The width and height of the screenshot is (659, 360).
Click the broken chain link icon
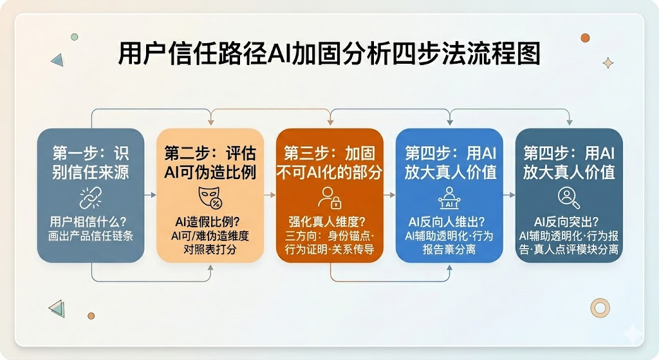click(x=90, y=198)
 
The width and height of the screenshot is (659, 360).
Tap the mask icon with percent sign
click(x=210, y=198)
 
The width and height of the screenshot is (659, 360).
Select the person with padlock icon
click(x=329, y=198)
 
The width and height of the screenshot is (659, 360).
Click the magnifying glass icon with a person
click(x=569, y=198)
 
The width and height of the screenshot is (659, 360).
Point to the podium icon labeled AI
click(x=449, y=198)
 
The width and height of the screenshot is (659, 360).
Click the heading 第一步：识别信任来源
click(x=90, y=163)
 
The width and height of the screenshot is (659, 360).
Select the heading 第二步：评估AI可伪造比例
click(x=210, y=163)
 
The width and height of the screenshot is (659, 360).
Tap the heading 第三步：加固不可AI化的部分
click(x=329, y=163)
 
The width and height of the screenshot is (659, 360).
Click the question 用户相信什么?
click(x=88, y=222)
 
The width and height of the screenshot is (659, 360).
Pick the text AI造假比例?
click(x=207, y=222)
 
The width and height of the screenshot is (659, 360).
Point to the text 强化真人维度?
click(x=327, y=222)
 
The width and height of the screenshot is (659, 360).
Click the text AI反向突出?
click(x=566, y=222)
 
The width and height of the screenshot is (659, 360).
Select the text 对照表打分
click(x=210, y=249)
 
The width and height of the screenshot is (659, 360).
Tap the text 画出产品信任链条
click(x=90, y=236)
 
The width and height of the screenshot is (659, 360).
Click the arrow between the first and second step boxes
click(x=150, y=194)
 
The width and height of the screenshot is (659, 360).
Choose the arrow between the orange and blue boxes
click(x=389, y=194)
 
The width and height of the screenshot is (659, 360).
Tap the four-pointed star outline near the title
click(x=608, y=63)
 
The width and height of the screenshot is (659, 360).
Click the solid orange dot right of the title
click(x=585, y=38)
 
